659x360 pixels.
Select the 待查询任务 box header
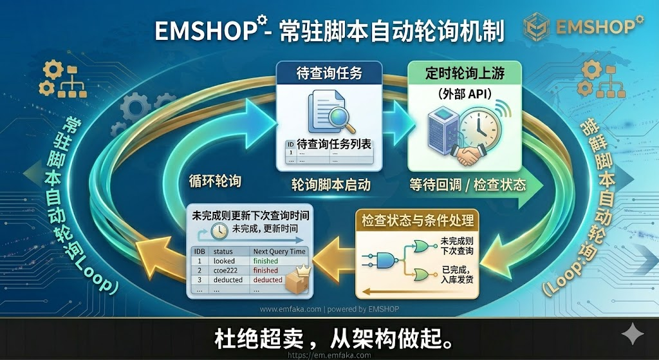[x=329, y=73]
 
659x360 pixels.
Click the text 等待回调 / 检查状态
[x=468, y=185]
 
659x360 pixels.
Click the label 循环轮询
[x=215, y=181]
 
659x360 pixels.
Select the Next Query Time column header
[x=280, y=251]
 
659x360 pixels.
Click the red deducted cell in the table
[x=267, y=280]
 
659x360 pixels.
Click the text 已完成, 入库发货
[x=458, y=273]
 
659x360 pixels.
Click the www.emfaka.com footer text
[x=289, y=309]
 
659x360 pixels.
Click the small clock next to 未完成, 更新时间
[x=219, y=231]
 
